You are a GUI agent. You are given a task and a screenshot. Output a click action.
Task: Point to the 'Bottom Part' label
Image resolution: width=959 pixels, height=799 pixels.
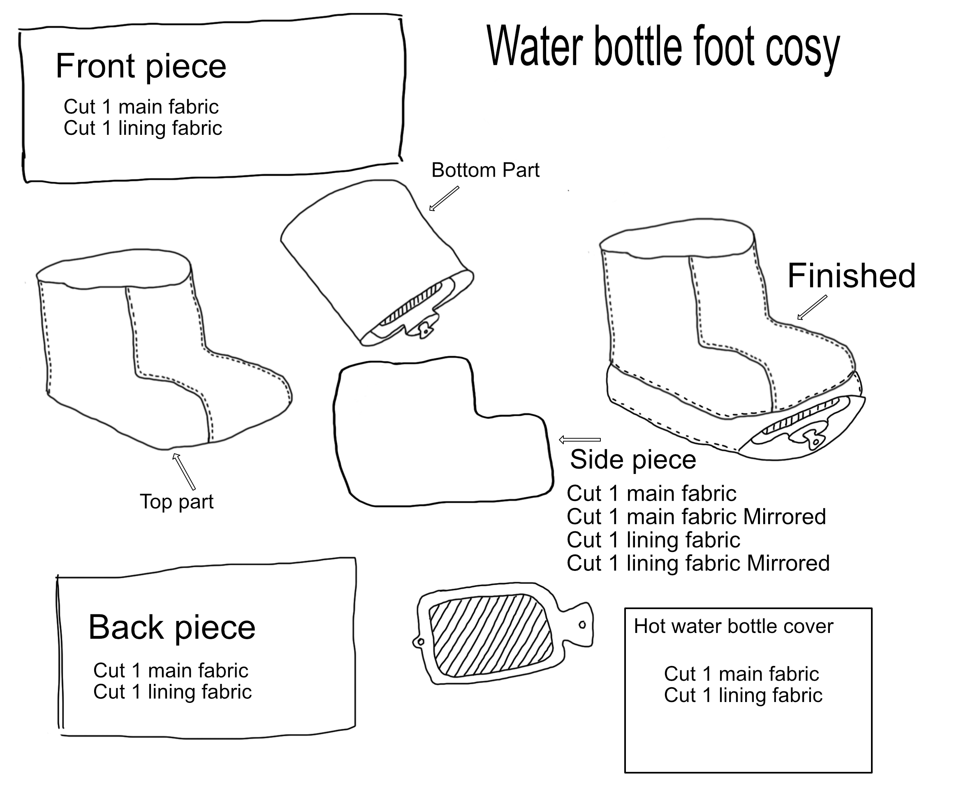(x=485, y=171)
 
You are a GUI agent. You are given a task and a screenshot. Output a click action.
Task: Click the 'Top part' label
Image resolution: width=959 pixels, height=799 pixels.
(x=177, y=502)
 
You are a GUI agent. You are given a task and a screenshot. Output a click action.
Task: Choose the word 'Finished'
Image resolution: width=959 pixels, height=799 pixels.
(x=852, y=276)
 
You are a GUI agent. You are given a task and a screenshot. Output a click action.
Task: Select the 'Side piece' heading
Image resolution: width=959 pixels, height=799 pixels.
(x=633, y=460)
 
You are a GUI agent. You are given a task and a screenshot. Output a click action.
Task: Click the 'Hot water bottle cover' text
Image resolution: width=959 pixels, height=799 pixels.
(x=733, y=626)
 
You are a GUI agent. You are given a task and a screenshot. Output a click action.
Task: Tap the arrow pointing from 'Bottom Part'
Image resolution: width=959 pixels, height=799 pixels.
(x=444, y=199)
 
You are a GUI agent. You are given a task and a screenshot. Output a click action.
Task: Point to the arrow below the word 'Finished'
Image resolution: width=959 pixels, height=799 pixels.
(x=812, y=307)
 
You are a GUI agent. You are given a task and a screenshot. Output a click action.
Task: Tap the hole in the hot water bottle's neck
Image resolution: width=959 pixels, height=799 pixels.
(x=582, y=625)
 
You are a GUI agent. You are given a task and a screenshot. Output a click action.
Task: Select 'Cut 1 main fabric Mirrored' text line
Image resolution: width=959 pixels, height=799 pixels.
(x=696, y=517)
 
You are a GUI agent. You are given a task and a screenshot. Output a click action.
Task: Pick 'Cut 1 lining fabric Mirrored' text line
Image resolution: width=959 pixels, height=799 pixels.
(x=698, y=563)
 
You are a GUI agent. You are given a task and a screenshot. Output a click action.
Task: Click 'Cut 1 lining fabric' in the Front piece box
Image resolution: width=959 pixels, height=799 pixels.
(x=143, y=128)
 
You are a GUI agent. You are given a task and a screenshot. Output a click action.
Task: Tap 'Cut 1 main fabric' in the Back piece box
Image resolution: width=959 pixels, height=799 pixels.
(x=171, y=671)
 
